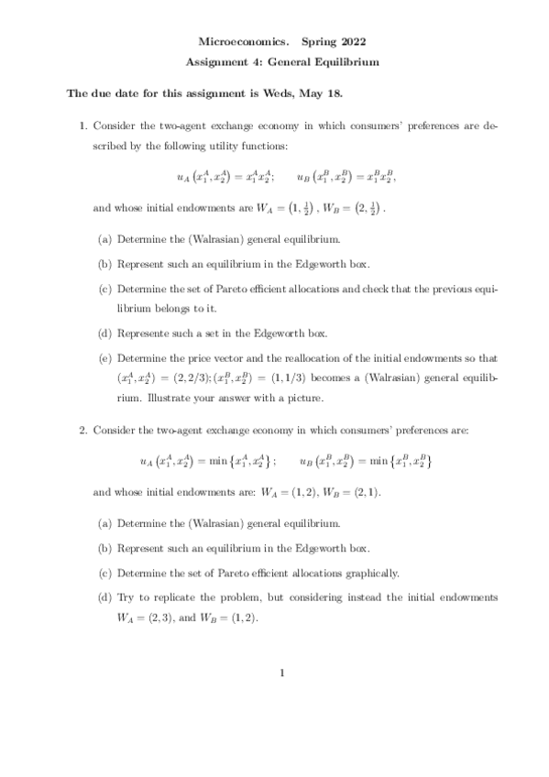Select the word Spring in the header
tap(316, 42)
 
